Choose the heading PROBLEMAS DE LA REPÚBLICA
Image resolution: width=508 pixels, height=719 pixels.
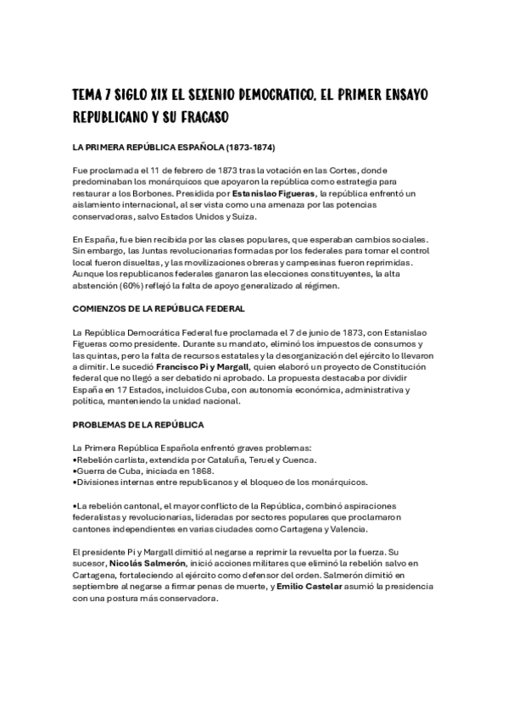pos(138,424)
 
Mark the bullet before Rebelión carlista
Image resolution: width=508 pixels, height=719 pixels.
pos(75,459)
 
